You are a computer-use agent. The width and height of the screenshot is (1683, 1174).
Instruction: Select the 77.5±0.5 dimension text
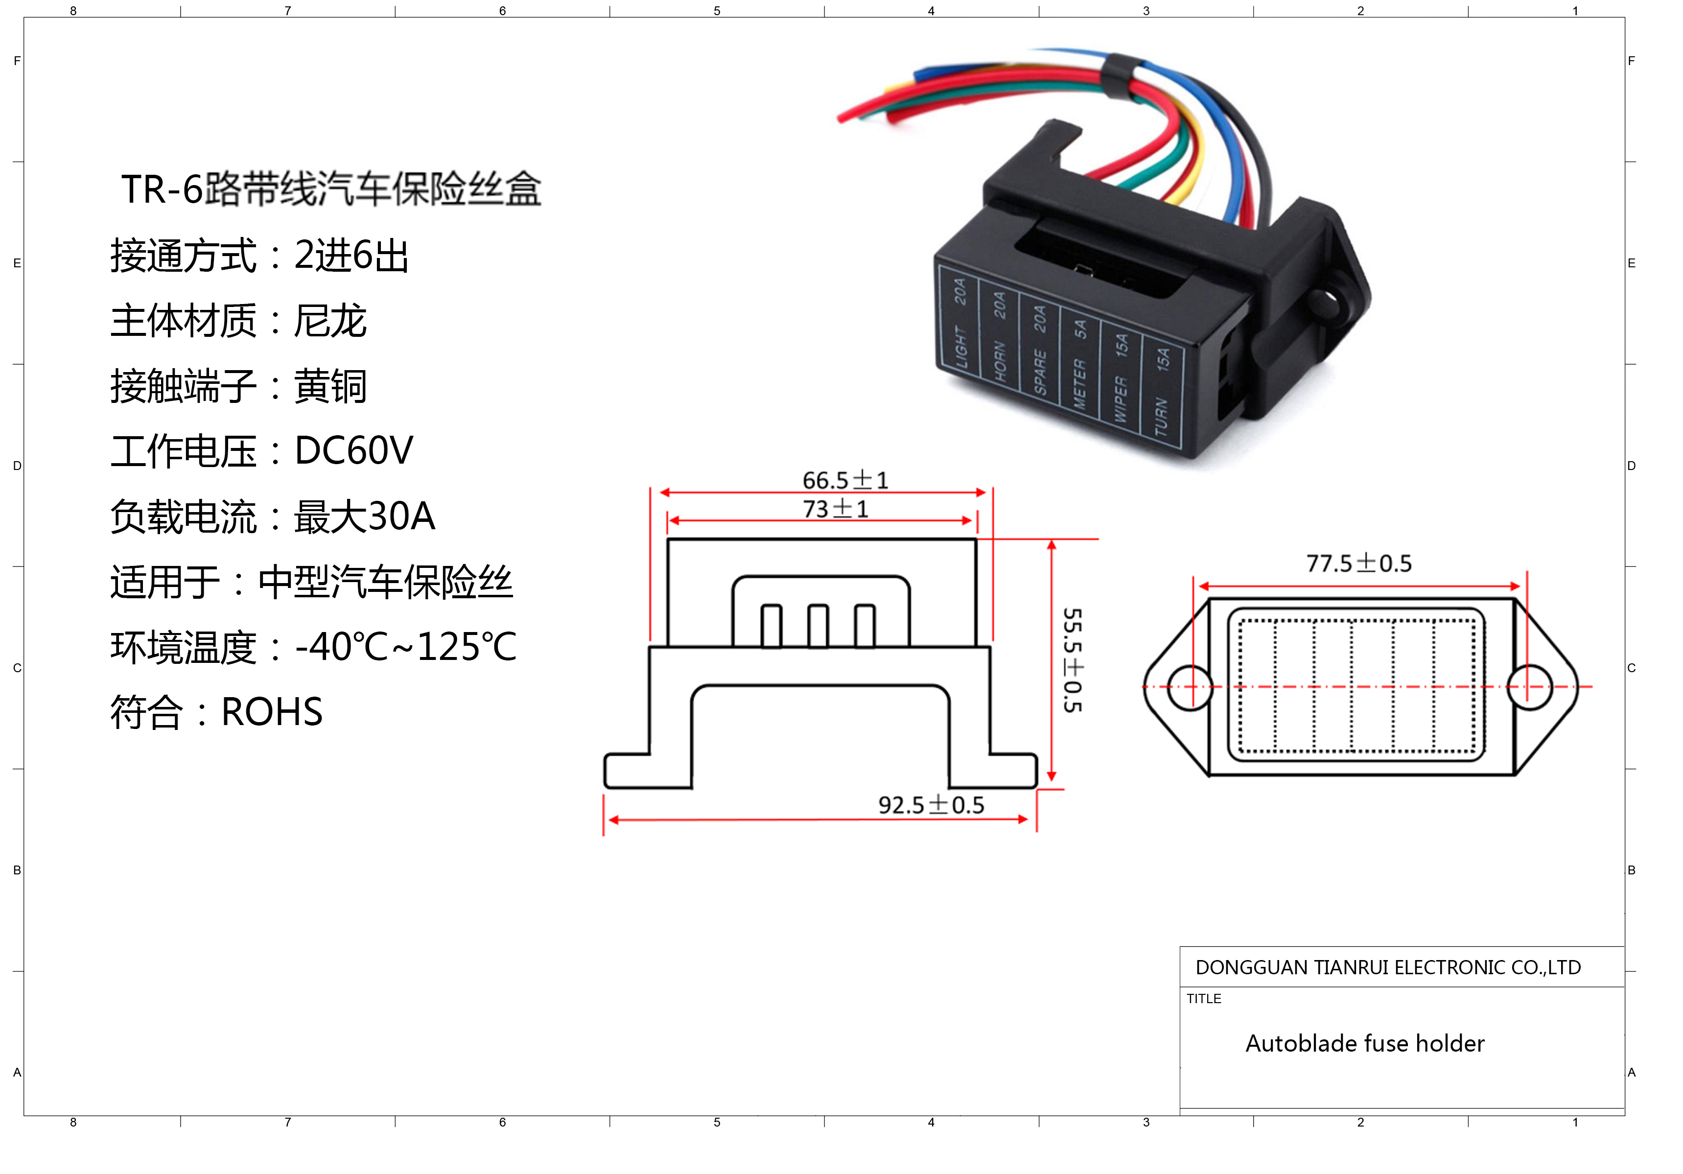pyautogui.click(x=1358, y=563)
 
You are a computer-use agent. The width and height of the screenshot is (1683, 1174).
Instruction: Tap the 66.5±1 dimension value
pyautogui.click(x=845, y=480)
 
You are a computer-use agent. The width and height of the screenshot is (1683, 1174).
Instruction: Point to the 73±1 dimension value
pyautogui.click(x=836, y=508)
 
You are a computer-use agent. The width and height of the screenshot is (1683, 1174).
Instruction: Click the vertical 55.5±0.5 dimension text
pyautogui.click(x=1073, y=660)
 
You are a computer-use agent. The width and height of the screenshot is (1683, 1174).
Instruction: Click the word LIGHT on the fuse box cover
pyautogui.click(x=961, y=347)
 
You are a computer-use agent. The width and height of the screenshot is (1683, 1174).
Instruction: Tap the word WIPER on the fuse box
pyautogui.click(x=1120, y=399)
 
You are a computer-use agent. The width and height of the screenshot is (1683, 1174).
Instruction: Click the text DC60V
pyautogui.click(x=353, y=450)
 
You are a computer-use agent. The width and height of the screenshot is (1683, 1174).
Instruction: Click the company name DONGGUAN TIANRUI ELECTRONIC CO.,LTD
pyautogui.click(x=1388, y=967)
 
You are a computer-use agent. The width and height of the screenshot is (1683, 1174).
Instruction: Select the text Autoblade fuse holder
pyautogui.click(x=1365, y=1043)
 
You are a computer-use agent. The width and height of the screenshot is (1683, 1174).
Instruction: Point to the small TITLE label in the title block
pyautogui.click(x=1204, y=999)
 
